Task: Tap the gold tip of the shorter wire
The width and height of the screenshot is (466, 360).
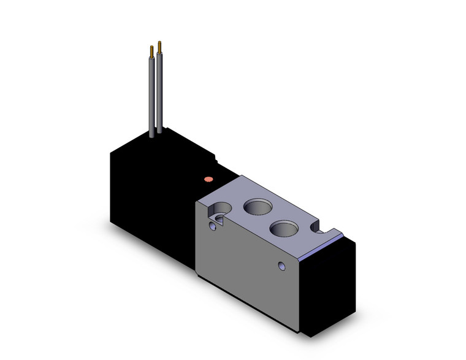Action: click(x=151, y=50)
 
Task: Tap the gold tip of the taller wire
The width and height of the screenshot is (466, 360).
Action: click(x=160, y=45)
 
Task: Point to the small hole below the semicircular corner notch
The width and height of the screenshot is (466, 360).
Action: click(x=213, y=227)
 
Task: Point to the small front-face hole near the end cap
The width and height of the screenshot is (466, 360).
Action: click(x=282, y=266)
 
